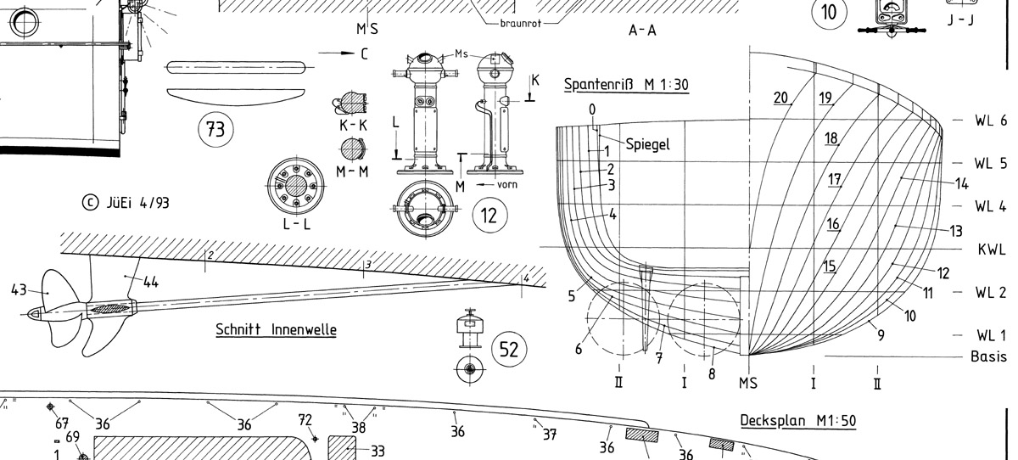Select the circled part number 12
489,215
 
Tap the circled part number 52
510,349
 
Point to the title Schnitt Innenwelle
276,328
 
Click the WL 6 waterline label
990,121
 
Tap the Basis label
988,356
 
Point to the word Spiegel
648,144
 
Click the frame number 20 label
781,98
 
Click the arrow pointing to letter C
337,53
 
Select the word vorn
507,184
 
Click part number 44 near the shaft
149,283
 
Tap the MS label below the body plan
747,383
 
